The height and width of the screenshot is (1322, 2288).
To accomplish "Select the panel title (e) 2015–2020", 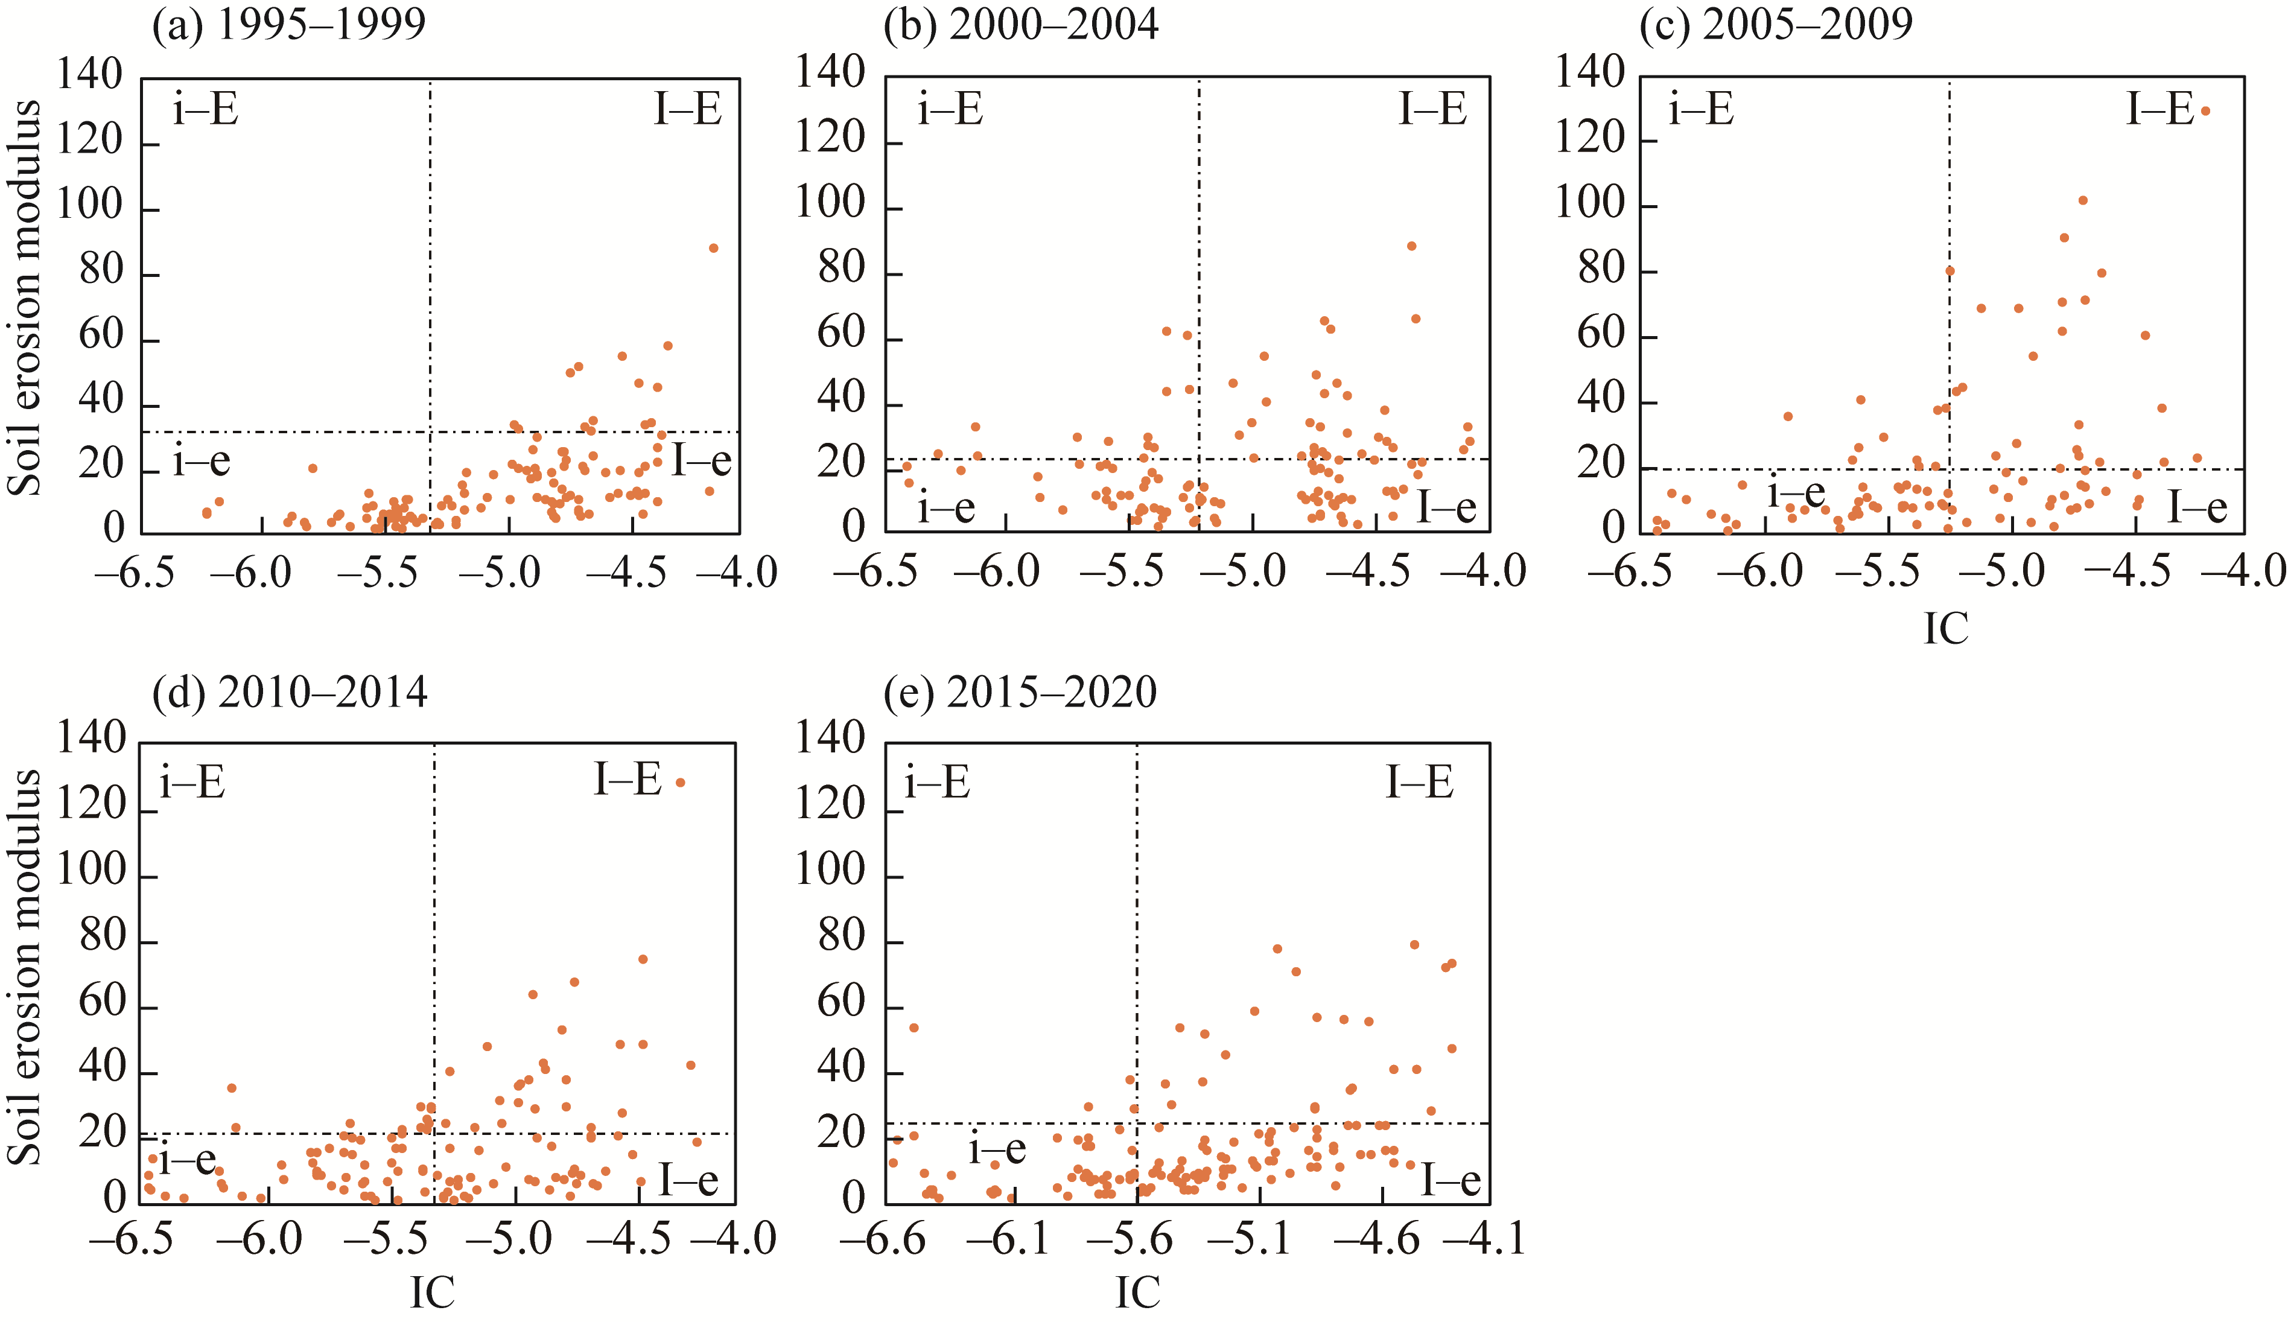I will click(x=1020, y=693).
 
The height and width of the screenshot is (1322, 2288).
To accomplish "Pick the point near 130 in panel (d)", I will click(x=680, y=783).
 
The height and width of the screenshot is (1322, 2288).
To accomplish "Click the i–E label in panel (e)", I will click(x=938, y=783).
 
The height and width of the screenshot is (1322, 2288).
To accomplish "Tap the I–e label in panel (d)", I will click(x=688, y=1180).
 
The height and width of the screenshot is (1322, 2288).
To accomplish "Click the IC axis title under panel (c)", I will click(x=1946, y=628).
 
